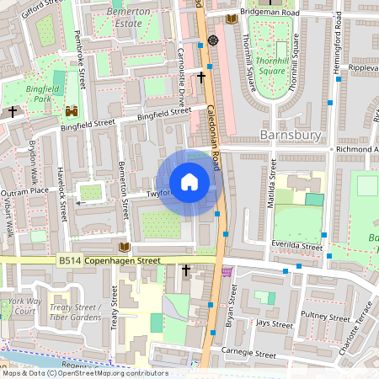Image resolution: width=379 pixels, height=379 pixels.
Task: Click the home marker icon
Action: point(189,181)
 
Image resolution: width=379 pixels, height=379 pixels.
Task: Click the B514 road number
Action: point(71,262)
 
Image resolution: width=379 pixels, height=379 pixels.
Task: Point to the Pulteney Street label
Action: point(326,318)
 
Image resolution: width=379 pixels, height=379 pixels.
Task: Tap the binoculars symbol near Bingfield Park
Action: point(72,109)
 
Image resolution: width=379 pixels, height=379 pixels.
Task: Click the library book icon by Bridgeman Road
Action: point(232,16)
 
